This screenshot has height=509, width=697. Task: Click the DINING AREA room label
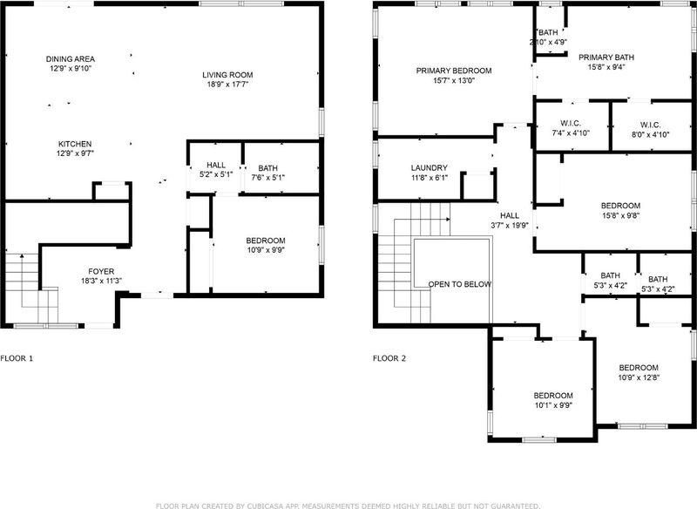click(71, 58)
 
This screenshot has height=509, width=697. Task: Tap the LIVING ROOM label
click(227, 75)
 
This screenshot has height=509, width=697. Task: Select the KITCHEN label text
click(75, 144)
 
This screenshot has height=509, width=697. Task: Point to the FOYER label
click(101, 271)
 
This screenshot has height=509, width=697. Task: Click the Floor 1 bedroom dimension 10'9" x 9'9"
click(266, 250)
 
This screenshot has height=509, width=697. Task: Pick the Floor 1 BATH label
click(267, 168)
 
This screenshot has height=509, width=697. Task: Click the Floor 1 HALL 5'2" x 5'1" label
click(216, 165)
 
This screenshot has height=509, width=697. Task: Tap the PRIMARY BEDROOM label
click(454, 71)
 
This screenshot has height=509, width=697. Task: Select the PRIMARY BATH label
click(606, 57)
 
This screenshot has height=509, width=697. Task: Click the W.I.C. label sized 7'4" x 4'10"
click(571, 124)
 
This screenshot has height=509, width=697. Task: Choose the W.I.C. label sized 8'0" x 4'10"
click(650, 125)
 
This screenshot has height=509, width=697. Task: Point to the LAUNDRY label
click(429, 167)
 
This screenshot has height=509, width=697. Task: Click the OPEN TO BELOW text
click(460, 284)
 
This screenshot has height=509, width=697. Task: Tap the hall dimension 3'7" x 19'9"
click(510, 225)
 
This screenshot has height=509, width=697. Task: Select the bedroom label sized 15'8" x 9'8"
click(620, 206)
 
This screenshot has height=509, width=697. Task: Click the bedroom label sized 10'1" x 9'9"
click(553, 395)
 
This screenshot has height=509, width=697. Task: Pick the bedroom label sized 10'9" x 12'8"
click(639, 368)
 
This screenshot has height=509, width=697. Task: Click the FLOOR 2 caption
click(389, 358)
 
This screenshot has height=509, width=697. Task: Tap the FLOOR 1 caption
click(17, 358)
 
